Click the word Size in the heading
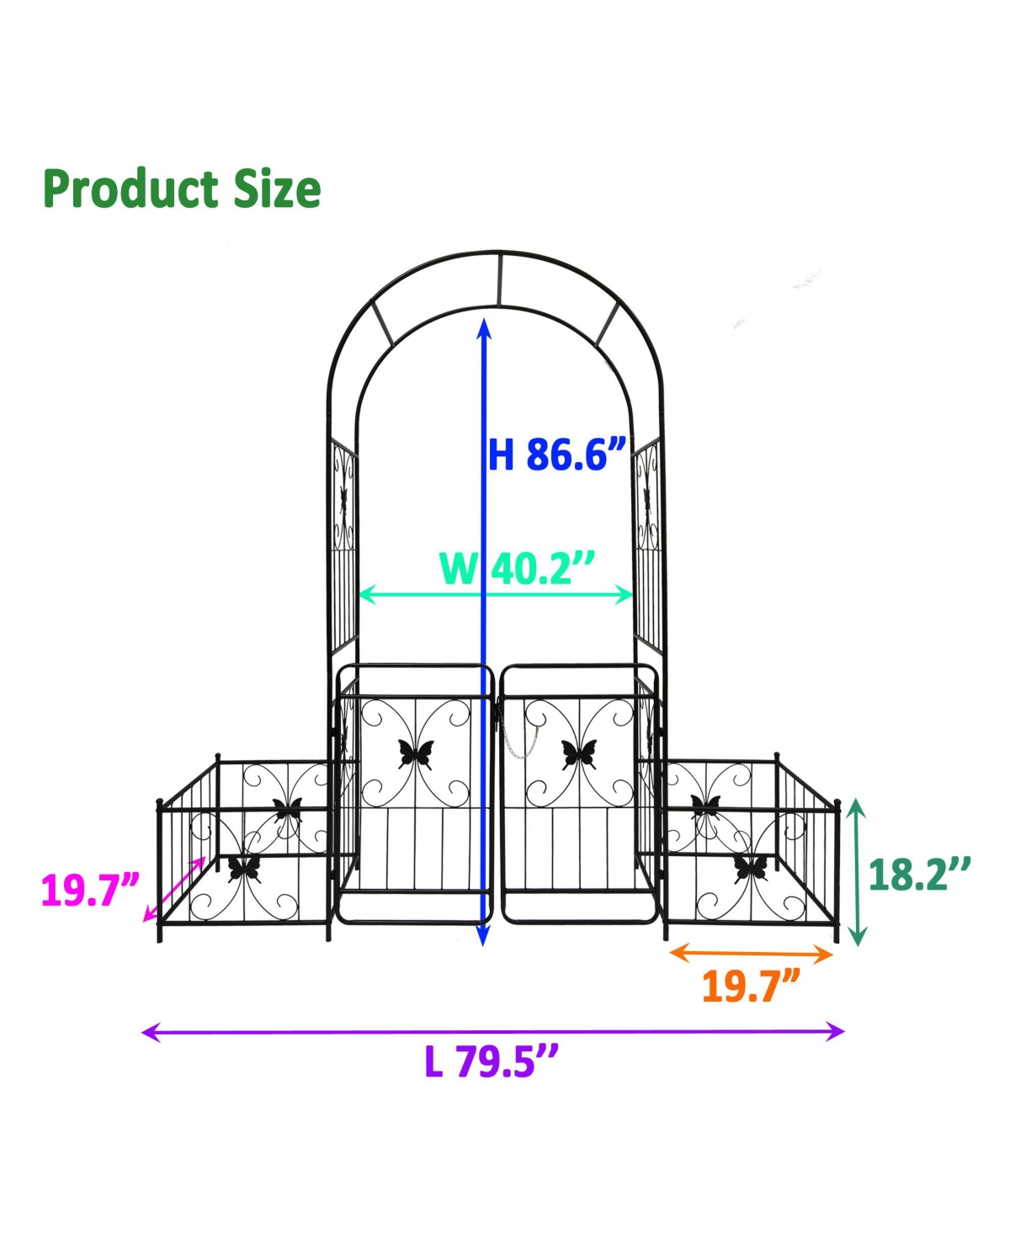tap(278, 189)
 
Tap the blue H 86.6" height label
tap(557, 455)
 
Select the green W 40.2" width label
tap(517, 568)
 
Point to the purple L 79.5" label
tap(492, 1061)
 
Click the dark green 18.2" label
tap(919, 875)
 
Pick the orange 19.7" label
tap(751, 986)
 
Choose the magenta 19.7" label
tap(90, 891)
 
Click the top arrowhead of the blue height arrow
tap(484, 326)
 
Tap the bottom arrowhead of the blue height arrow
tap(484, 936)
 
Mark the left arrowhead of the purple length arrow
tap(151, 1031)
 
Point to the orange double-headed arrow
tap(751, 954)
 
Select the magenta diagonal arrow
tap(175, 889)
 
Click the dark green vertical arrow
tap(856, 872)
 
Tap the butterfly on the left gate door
tap(416, 753)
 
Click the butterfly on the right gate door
tap(579, 753)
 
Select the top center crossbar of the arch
tap(499, 279)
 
